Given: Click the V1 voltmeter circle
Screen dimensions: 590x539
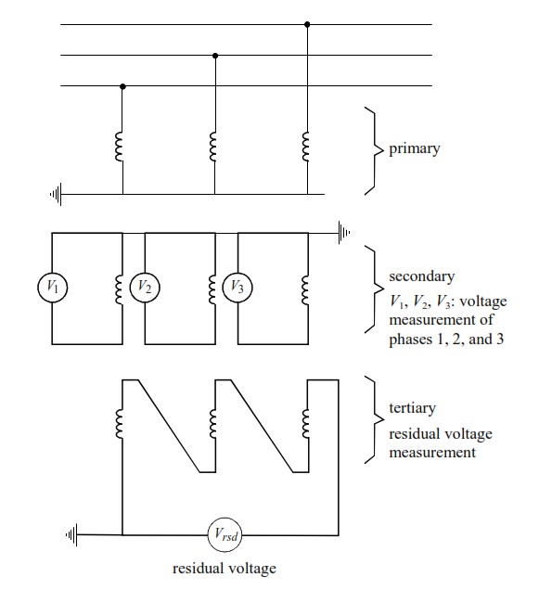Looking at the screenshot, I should pyautogui.click(x=52, y=288).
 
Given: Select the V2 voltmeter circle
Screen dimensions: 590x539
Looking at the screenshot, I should pyautogui.click(x=144, y=288).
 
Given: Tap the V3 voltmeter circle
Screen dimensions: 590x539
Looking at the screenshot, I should pyautogui.click(x=237, y=288).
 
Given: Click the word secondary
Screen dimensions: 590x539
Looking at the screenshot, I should pyautogui.click(x=420, y=276).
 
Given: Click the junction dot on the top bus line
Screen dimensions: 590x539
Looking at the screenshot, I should pyautogui.click(x=308, y=24).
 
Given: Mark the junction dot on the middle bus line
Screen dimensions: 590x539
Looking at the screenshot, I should pyautogui.click(x=216, y=56).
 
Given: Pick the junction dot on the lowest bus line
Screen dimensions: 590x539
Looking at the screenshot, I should pyautogui.click(x=123, y=86).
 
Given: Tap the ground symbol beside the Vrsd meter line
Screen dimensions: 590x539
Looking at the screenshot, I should pyautogui.click(x=72, y=535).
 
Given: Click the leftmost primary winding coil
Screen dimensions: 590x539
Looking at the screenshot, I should pyautogui.click(x=119, y=147).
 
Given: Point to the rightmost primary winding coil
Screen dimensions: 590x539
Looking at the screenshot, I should pyautogui.click(x=304, y=147).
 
